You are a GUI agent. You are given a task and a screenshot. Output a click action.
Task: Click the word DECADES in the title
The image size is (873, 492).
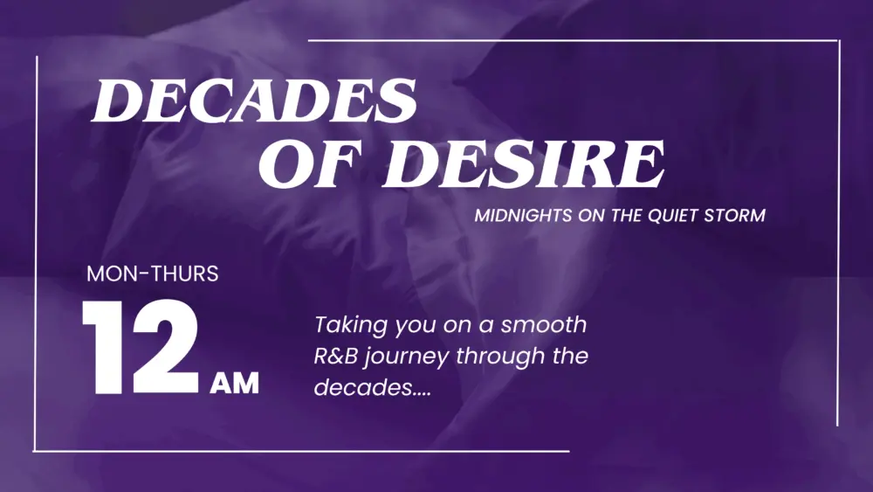click(254, 100)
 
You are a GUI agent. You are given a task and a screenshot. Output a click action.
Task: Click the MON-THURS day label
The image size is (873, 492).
click(153, 274)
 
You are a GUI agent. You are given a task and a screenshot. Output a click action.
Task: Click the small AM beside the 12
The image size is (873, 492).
click(234, 383)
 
